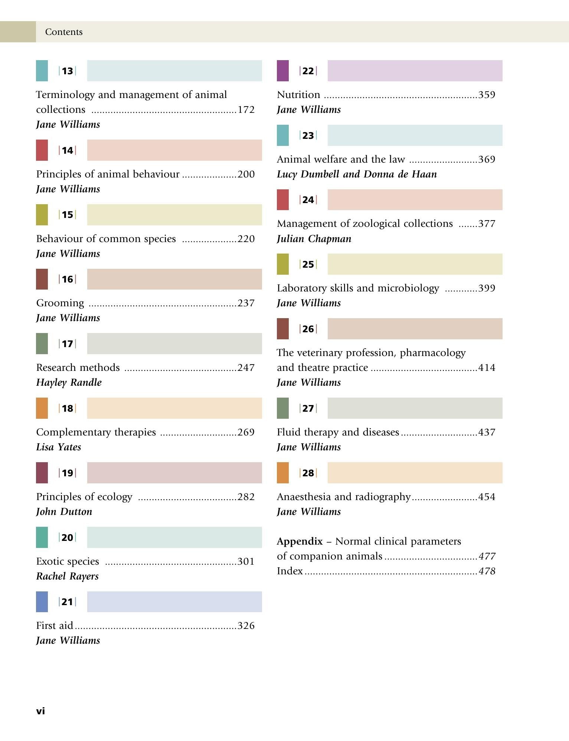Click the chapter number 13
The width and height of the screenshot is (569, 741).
pyautogui.click(x=68, y=71)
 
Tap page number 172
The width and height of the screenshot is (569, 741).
pyautogui.click(x=246, y=110)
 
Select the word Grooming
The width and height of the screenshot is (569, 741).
pyautogui.click(x=60, y=303)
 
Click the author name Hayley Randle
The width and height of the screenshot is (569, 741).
pyautogui.click(x=69, y=382)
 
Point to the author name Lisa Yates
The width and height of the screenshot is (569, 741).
pyautogui.click(x=59, y=447)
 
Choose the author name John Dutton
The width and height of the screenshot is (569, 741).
pyautogui.click(x=64, y=512)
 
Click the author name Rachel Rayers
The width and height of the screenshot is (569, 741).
pyautogui.click(x=67, y=576)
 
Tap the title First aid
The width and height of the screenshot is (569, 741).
pyautogui.click(x=55, y=626)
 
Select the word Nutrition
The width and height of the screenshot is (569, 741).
pyautogui.click(x=298, y=95)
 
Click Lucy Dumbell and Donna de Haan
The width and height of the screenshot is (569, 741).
pyautogui.click(x=357, y=174)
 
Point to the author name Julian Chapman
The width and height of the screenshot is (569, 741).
pyautogui.click(x=314, y=239)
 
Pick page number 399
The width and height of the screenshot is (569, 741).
pyautogui.click(x=487, y=288)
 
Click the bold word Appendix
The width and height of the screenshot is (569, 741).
pyautogui.click(x=300, y=542)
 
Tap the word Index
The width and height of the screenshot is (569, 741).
pyautogui.click(x=290, y=571)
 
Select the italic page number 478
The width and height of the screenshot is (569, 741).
pyautogui.click(x=487, y=571)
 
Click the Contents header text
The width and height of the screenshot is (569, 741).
pyautogui.click(x=64, y=32)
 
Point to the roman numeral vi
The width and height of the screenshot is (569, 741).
pyautogui.click(x=40, y=711)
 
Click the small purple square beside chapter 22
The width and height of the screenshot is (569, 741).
pyautogui.click(x=283, y=71)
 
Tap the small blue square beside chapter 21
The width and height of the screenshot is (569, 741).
pyautogui.click(x=42, y=602)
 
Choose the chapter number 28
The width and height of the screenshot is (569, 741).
pyautogui.click(x=308, y=473)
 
